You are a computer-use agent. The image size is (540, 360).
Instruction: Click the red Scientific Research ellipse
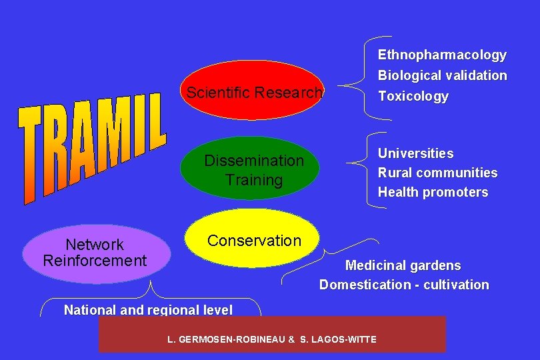pyautogui.click(x=254, y=91)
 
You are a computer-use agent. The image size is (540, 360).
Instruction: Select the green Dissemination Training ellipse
pyautogui.click(x=254, y=169)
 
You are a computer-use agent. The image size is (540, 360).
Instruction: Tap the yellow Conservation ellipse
pyautogui.click(x=254, y=239)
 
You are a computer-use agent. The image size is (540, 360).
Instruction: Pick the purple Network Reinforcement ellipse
pyautogui.click(x=94, y=252)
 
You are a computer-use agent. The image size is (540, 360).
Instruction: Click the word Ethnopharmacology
pyautogui.click(x=442, y=55)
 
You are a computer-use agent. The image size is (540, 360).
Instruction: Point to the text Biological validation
pyautogui.click(x=442, y=75)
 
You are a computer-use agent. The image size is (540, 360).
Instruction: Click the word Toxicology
pyautogui.click(x=413, y=96)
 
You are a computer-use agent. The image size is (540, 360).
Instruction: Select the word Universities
pyautogui.click(x=415, y=153)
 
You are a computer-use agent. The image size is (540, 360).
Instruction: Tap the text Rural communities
pyautogui.click(x=437, y=173)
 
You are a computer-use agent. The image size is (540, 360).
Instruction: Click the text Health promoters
pyautogui.click(x=433, y=192)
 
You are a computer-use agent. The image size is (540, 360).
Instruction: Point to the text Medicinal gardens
pyautogui.click(x=402, y=265)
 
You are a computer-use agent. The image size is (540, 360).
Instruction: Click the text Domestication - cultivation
pyautogui.click(x=403, y=285)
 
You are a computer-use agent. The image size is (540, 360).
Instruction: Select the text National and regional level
pyautogui.click(x=148, y=309)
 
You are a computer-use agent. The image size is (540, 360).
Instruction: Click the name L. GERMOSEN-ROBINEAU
pyautogui.click(x=226, y=339)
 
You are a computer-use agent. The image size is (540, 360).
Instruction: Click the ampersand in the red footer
pyautogui.click(x=291, y=339)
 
